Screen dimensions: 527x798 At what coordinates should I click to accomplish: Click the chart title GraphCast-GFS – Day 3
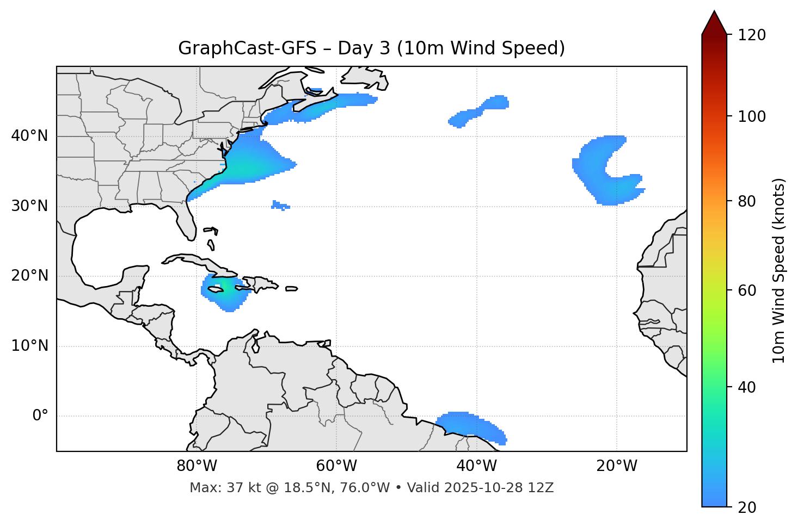(371, 48)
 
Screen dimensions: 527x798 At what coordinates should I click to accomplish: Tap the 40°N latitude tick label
(29, 136)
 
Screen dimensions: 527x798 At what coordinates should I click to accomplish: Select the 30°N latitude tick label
(29, 206)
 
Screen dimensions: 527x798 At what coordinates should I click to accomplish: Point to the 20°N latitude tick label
(29, 276)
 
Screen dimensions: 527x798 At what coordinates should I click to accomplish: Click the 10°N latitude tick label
(29, 346)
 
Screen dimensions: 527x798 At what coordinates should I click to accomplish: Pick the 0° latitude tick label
(40, 416)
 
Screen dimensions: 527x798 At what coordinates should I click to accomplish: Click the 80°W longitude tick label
(197, 466)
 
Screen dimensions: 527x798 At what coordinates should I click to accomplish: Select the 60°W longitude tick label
(336, 466)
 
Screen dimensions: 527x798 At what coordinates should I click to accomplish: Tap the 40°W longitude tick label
(476, 466)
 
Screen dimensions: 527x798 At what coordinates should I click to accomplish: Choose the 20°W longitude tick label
(616, 466)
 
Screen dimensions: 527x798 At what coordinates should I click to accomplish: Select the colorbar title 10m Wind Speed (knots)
(779, 270)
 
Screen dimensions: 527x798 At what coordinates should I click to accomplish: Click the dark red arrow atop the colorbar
(714, 23)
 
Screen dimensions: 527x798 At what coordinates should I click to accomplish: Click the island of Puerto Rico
(292, 289)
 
